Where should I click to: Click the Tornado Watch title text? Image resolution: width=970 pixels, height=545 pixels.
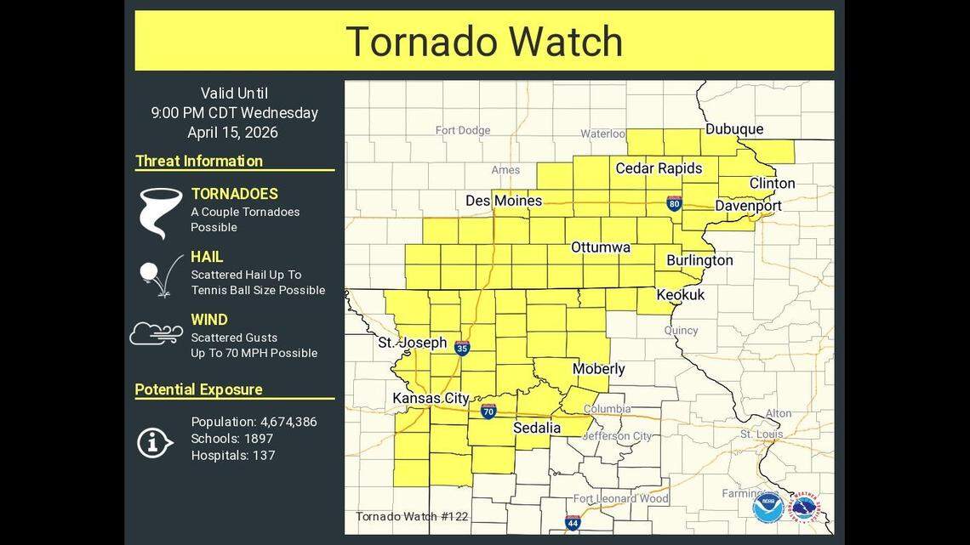[483, 41]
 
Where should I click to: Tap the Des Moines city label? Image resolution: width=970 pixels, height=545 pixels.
[504, 201]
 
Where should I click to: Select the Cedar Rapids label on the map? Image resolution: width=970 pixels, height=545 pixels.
[659, 168]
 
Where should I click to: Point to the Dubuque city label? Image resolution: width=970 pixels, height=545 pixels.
[733, 129]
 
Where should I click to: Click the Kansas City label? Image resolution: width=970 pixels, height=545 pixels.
[431, 398]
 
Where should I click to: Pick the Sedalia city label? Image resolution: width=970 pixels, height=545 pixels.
[537, 429]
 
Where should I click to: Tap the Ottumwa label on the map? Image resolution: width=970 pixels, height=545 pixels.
[600, 247]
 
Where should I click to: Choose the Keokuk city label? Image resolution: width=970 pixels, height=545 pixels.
[681, 295]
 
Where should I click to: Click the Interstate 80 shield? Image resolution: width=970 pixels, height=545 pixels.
[674, 203]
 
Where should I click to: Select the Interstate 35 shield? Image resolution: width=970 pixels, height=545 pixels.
[462, 348]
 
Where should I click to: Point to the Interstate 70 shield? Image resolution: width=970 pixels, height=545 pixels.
[488, 412]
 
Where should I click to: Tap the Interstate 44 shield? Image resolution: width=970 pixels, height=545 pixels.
[573, 522]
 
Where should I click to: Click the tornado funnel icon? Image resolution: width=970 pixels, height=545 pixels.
[161, 212]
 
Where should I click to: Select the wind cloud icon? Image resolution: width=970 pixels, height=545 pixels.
[156, 333]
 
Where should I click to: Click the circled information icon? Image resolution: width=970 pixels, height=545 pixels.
[155, 441]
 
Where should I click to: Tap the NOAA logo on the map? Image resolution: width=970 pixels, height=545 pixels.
[767, 507]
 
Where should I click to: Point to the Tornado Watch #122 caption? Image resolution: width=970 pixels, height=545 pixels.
[412, 516]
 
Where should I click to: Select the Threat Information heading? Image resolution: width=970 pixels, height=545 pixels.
[199, 162]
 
